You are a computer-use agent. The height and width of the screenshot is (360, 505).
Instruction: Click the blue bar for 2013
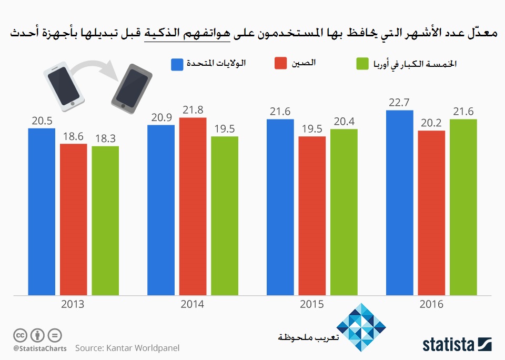pos(42,211)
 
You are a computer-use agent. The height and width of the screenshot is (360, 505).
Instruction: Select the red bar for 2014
pos(193,205)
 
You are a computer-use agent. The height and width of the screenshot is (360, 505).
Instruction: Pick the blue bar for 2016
pos(399,202)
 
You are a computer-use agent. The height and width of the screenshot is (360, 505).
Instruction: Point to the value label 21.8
pos(193,110)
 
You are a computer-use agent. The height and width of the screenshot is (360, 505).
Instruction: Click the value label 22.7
pos(399,103)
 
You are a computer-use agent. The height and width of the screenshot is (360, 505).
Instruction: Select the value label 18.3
pos(105,139)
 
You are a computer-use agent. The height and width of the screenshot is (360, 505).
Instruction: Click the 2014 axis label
pos(193,304)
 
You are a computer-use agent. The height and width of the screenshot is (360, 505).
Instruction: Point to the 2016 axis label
pos(431,304)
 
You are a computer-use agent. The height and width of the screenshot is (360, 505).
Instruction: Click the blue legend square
pos(177,64)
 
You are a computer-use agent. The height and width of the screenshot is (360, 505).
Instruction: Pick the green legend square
pos(361,64)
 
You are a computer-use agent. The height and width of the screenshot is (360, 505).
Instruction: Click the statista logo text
pos(447,345)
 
